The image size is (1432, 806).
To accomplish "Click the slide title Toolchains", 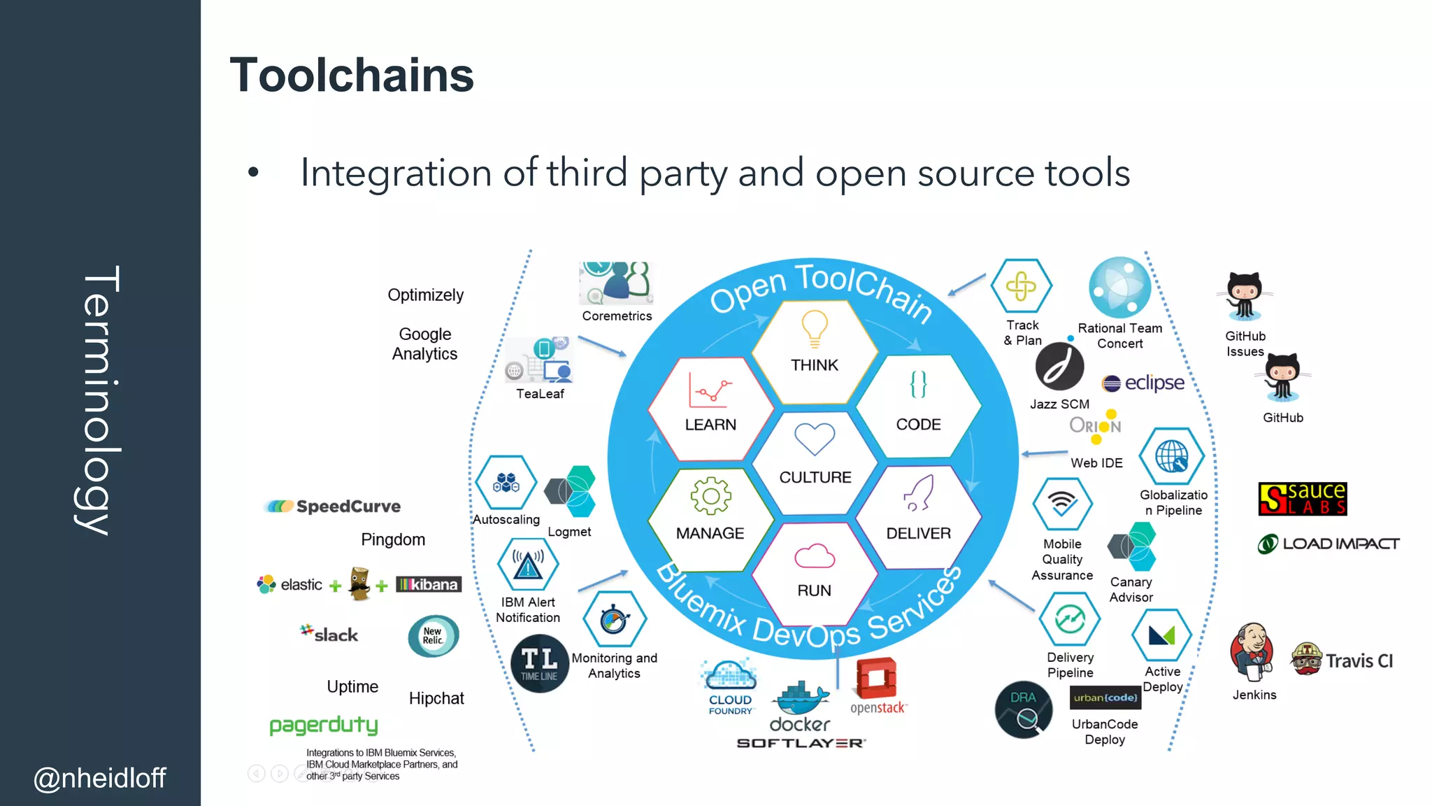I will (x=352, y=76).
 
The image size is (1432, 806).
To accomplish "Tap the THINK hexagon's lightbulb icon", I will (x=815, y=327).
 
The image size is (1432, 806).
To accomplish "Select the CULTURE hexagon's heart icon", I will (x=815, y=439).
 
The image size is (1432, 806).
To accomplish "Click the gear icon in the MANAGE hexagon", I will (x=710, y=496).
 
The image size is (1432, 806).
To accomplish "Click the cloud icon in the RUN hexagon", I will (x=815, y=556).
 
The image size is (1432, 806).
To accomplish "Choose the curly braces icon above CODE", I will (x=918, y=384).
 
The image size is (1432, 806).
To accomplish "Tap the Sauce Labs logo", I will (x=1302, y=499).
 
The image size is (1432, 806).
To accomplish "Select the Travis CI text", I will (x=1359, y=661).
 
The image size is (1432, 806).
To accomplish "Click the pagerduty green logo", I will (x=324, y=726).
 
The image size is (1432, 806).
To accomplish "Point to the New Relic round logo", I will (x=433, y=635).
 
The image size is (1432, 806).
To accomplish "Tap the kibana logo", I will (x=429, y=584).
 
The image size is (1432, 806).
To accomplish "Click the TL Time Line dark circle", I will (x=539, y=663).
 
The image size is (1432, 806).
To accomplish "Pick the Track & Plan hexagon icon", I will (x=1022, y=286).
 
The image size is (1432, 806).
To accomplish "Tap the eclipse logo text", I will (x=1154, y=383).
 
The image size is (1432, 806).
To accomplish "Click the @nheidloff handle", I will (x=99, y=778).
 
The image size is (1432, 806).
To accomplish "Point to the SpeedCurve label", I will (x=348, y=507).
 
